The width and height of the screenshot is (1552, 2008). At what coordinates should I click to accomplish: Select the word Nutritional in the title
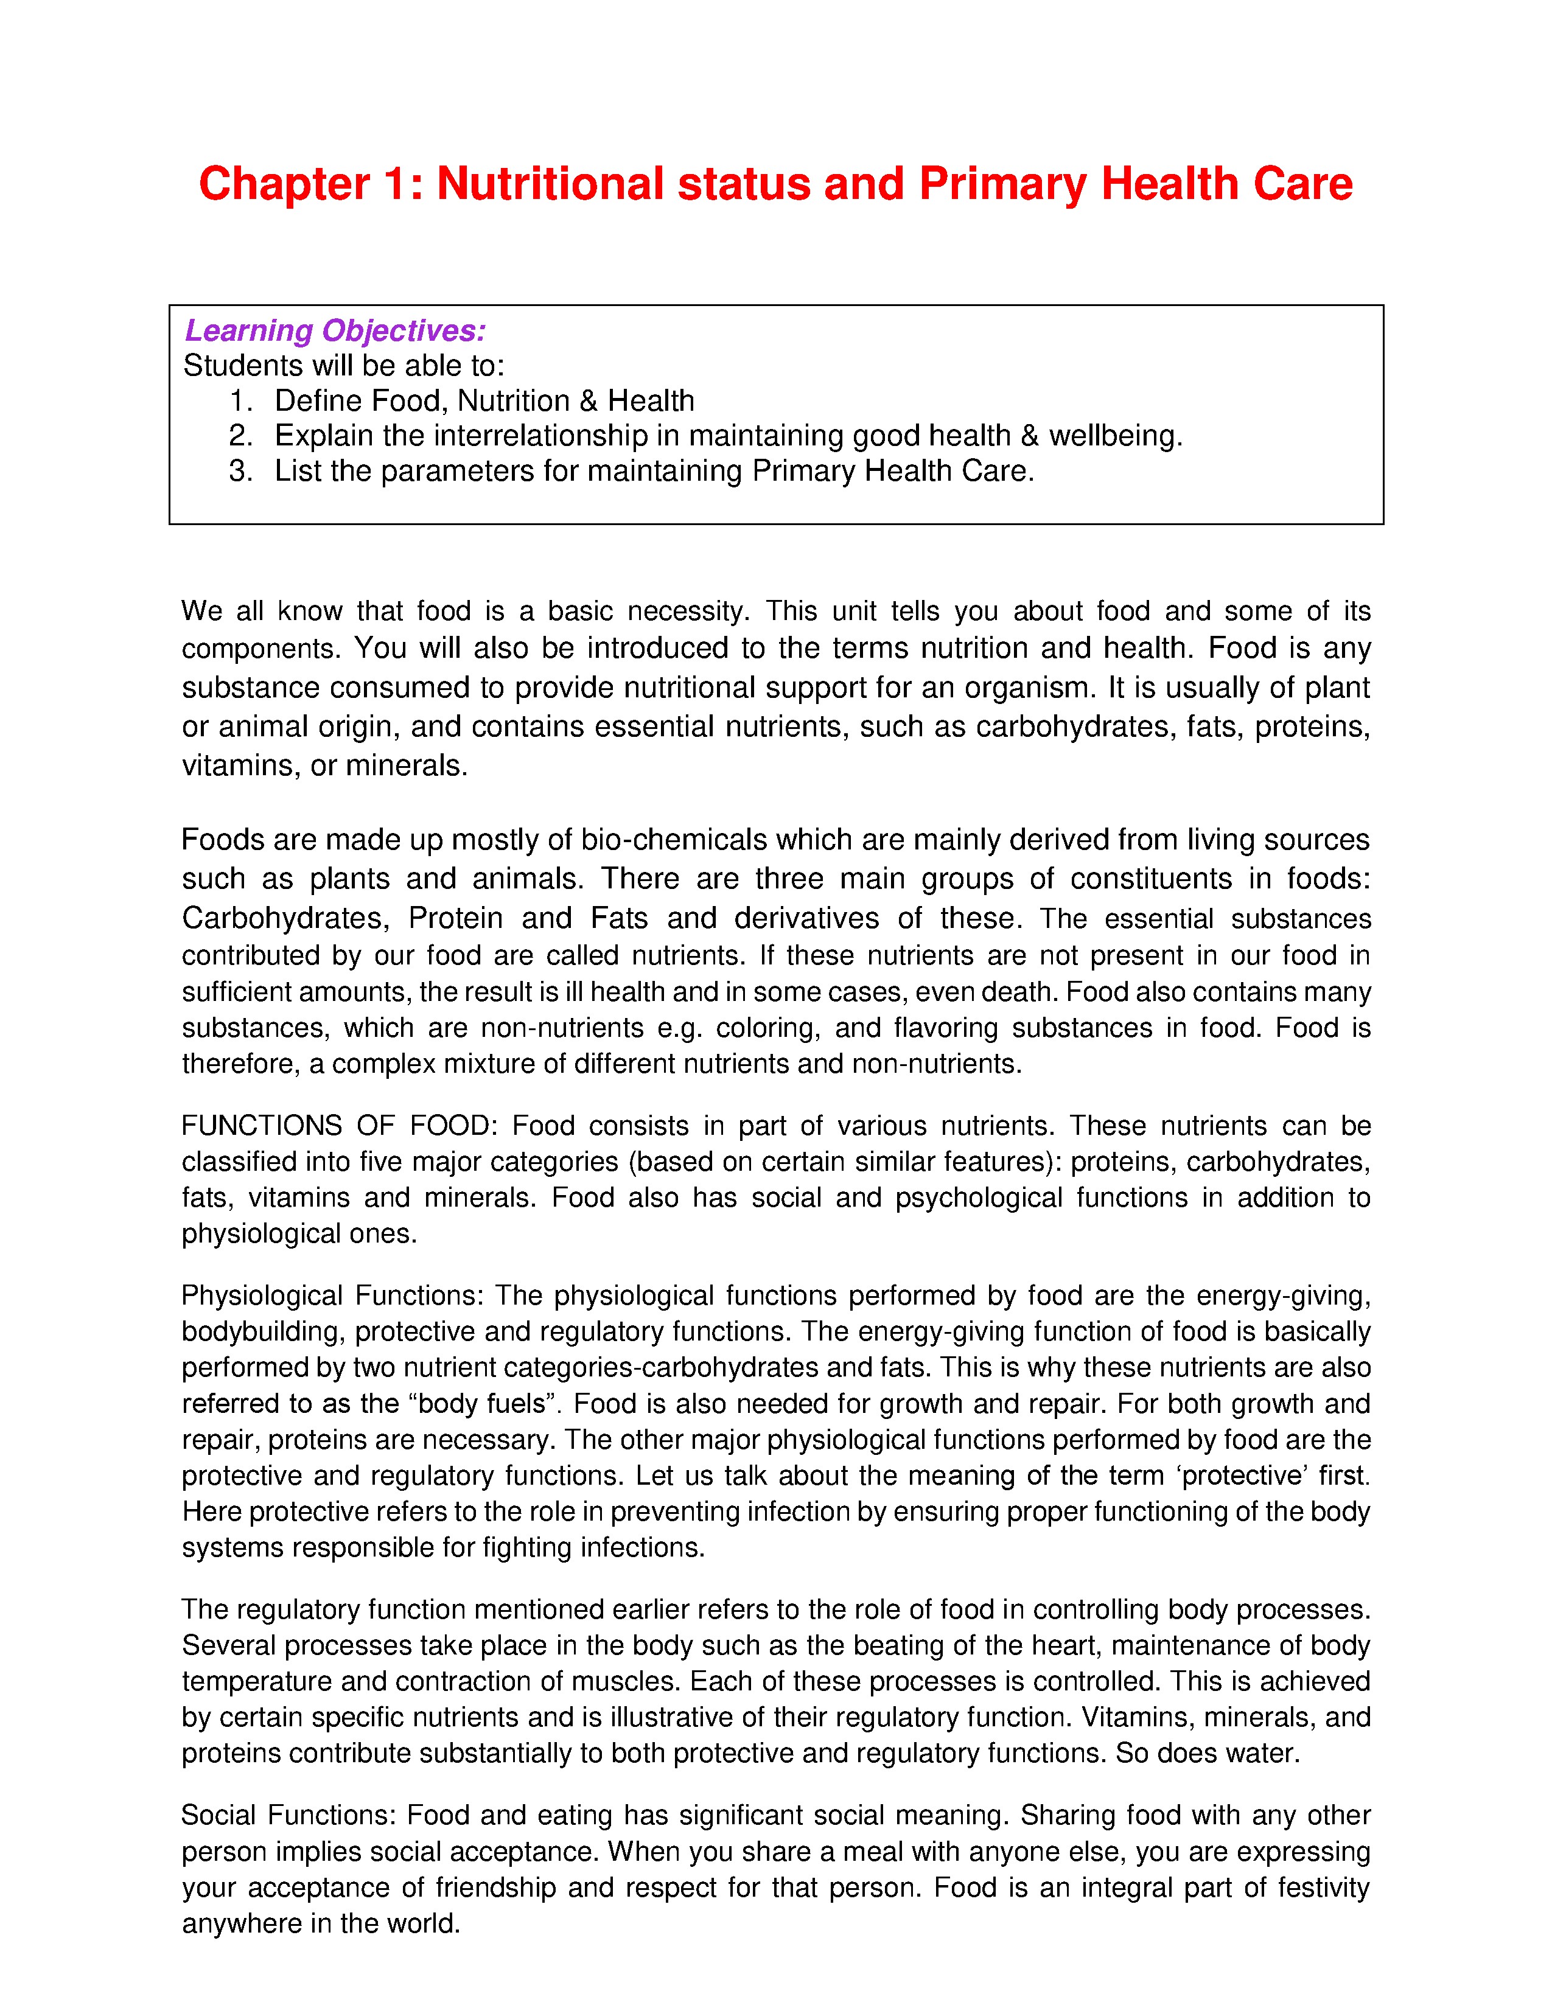pyautogui.click(x=549, y=185)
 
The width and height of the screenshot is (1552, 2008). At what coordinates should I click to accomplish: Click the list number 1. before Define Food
pyautogui.click(x=241, y=401)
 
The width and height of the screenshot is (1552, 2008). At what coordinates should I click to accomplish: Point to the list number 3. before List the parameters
pyautogui.click(x=241, y=471)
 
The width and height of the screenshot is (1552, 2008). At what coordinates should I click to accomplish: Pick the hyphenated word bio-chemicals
pyautogui.click(x=674, y=840)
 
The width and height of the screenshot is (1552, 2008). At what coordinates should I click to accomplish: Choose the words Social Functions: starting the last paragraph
pyautogui.click(x=288, y=1815)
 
